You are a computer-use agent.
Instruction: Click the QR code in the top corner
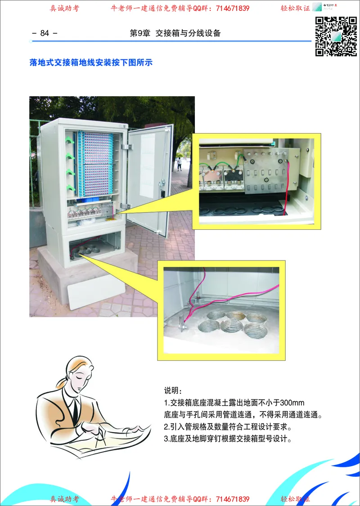coord(336,36)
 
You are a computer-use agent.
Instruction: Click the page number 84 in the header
coord(45,33)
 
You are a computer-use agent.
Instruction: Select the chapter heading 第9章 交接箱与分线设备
coord(175,33)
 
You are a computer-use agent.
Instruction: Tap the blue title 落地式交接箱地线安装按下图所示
coord(91,63)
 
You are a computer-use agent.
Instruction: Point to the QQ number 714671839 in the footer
coord(233,499)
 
